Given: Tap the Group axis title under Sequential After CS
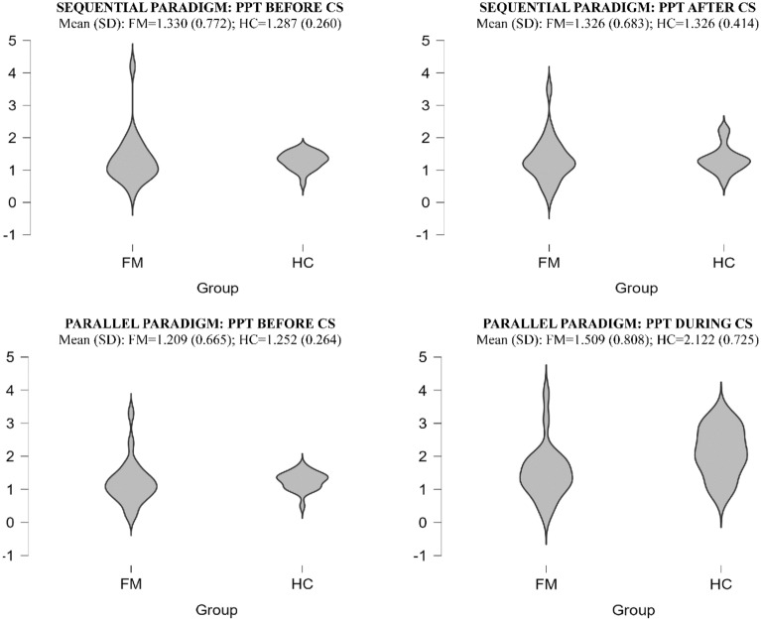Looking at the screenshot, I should (635, 288).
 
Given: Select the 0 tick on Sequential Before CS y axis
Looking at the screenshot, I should (10, 202).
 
